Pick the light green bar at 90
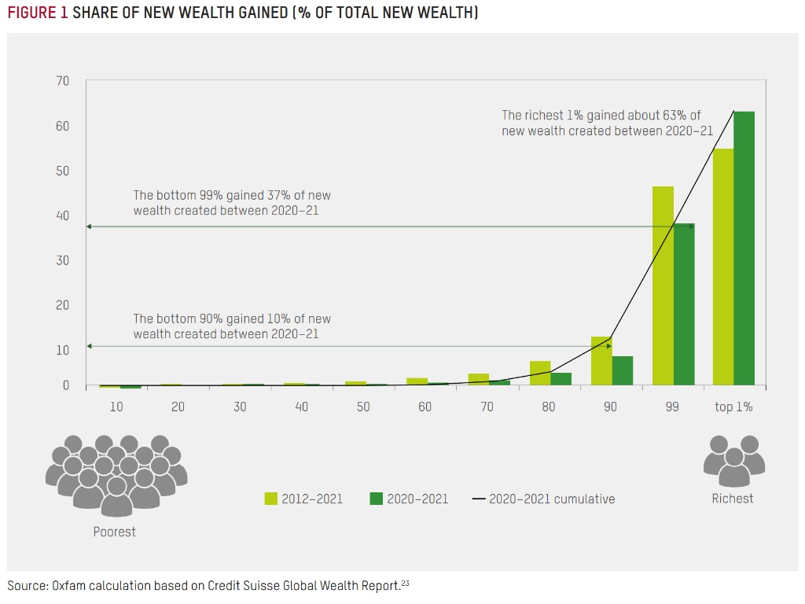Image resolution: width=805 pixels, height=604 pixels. (x=601, y=361)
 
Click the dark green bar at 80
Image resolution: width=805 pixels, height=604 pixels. (x=561, y=379)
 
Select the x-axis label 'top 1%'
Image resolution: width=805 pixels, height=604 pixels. (x=733, y=407)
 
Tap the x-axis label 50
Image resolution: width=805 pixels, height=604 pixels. (x=362, y=407)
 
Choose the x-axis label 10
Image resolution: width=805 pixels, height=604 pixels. (x=116, y=407)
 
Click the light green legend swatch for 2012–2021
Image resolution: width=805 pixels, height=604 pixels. (x=271, y=499)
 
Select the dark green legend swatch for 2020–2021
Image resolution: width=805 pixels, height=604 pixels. (x=376, y=499)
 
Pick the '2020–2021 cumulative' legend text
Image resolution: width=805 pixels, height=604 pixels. (x=552, y=499)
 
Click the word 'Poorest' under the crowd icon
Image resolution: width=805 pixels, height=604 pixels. (x=114, y=532)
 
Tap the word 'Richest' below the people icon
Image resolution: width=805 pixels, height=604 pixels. (x=733, y=499)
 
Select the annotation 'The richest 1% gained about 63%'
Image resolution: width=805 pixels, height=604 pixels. (x=601, y=116)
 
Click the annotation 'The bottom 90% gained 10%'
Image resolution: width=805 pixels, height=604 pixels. (x=232, y=319)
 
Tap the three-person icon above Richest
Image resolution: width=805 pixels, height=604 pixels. (x=733, y=460)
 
